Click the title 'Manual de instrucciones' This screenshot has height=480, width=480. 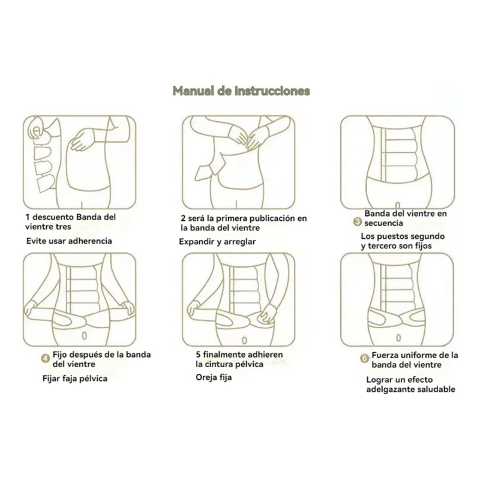point(241,91)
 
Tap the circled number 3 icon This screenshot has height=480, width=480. point(357,222)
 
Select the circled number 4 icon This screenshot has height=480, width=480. point(45,359)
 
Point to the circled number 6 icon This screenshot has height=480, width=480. point(364,359)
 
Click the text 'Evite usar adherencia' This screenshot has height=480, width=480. point(69,241)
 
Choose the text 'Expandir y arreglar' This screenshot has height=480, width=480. point(218,242)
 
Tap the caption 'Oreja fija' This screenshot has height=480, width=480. point(213,377)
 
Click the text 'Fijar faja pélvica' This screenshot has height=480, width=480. point(75,379)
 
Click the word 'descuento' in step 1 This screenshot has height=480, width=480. point(53,217)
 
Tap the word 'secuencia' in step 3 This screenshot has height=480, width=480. point(384,223)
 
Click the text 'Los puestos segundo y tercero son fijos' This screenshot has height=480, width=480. point(396,241)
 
